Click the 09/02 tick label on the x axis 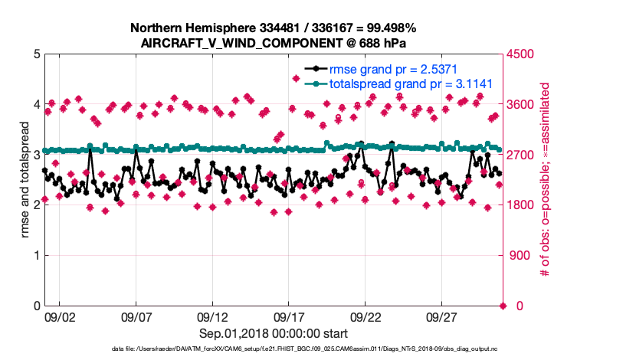[x=59, y=316]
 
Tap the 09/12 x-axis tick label [x=212, y=316]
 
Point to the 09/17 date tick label [x=289, y=316]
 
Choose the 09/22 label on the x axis [x=366, y=316]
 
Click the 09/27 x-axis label [x=442, y=316]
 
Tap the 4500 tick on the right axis [x=523, y=54]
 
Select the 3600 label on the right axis [x=523, y=105]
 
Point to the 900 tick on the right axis [x=520, y=256]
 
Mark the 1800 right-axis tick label [x=523, y=205]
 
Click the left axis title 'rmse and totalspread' [x=25, y=180]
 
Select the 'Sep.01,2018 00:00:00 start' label [x=274, y=333]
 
